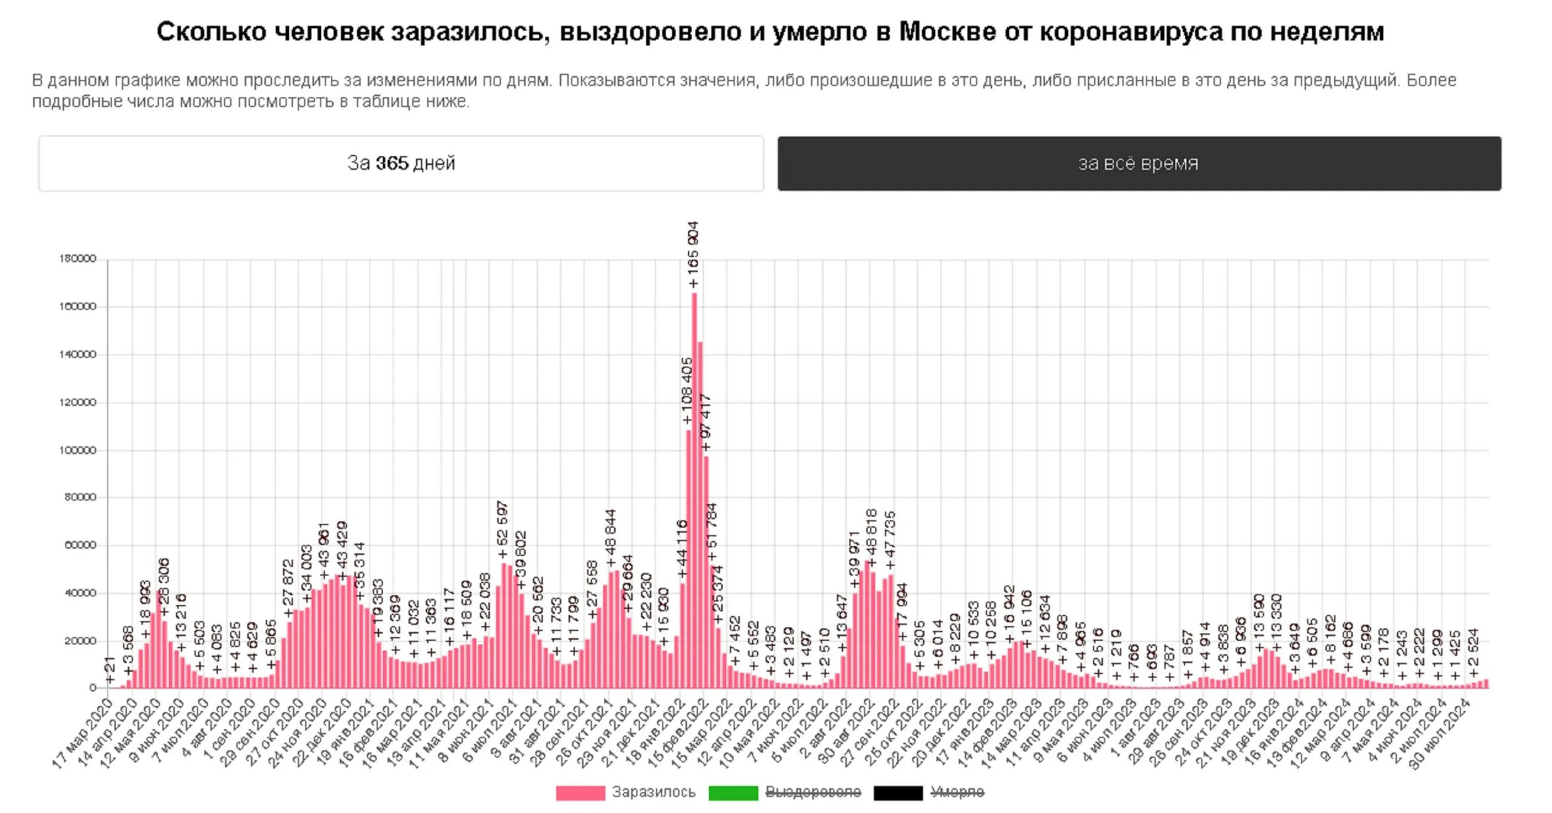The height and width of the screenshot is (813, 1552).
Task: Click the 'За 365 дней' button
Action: coord(401,163)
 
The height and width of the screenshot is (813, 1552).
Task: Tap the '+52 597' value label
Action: coord(503,529)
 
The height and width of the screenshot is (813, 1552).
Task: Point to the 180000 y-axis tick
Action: coord(78,259)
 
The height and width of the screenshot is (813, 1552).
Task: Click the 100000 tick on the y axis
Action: coord(78,450)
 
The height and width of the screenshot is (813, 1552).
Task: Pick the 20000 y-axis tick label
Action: coord(79,641)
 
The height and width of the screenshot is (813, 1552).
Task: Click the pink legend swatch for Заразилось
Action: coord(580,792)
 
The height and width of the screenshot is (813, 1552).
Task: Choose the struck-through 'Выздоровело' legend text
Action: coord(813,792)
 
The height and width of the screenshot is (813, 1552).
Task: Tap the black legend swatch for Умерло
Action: coord(898,792)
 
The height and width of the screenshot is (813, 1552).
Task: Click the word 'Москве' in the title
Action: coord(948,32)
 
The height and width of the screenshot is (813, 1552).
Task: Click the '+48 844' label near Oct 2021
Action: coord(610,537)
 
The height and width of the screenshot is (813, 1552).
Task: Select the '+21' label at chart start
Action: coord(110,670)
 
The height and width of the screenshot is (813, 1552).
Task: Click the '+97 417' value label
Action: coord(706,422)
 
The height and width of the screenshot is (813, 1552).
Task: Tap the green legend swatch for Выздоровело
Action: coord(733,792)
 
